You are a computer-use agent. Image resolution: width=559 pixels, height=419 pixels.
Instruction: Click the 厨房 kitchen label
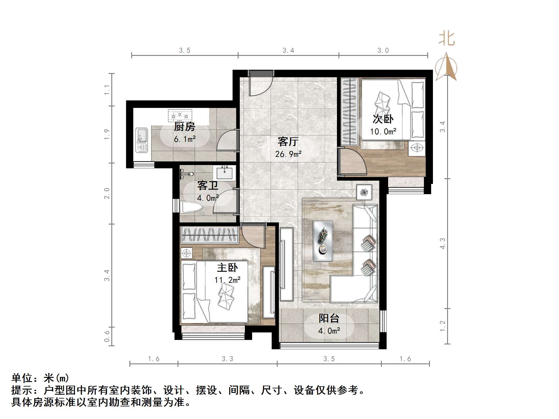[184, 127]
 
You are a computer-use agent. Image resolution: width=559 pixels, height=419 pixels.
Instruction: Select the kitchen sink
[141, 140]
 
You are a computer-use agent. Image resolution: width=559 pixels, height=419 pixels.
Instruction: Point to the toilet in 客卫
[191, 207]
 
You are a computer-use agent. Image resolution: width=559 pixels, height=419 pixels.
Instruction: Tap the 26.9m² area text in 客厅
[288, 154]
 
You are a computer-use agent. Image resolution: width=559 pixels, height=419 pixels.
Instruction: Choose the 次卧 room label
[383, 119]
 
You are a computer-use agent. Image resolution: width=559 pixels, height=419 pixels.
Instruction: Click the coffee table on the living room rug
[323, 241]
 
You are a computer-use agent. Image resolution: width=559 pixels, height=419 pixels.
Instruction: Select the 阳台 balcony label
[329, 318]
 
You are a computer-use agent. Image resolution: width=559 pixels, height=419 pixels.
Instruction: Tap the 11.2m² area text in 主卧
[227, 280]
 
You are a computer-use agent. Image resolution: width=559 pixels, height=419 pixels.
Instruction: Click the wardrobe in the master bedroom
[209, 235]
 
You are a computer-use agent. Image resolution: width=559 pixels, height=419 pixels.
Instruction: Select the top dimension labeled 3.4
[288, 50]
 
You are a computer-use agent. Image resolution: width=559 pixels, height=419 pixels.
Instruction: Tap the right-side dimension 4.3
[442, 243]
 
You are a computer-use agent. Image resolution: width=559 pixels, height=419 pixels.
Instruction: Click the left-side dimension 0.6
[107, 336]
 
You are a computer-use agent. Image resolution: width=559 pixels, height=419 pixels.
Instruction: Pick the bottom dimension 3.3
[227, 359]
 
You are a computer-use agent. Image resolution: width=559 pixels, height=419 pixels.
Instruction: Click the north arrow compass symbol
[446, 67]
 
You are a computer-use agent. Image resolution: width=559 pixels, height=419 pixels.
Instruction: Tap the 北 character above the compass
[446, 39]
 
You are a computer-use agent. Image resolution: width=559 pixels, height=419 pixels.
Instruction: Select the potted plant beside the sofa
[364, 192]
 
